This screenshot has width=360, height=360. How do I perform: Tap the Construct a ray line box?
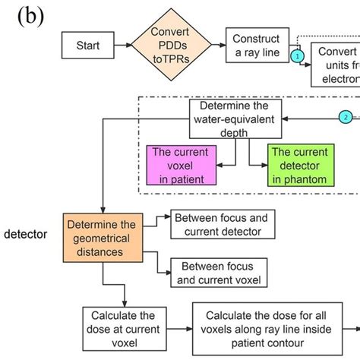(x=256, y=46)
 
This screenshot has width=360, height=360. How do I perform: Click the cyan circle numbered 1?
(x=298, y=56)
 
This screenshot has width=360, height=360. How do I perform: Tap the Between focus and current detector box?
(x=223, y=224)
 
